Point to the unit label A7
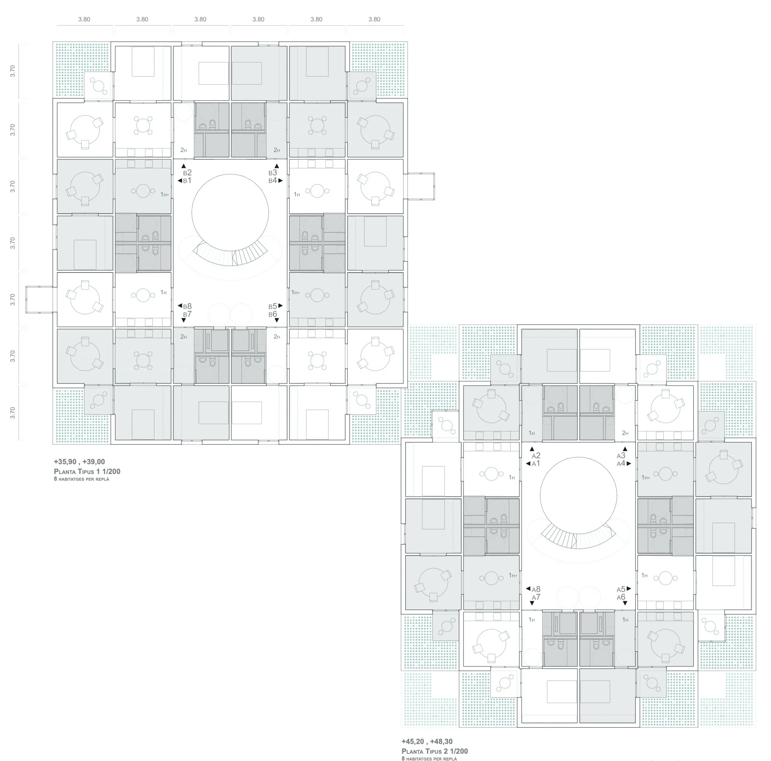pyautogui.click(x=536, y=597)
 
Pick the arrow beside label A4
pyautogui.click(x=629, y=464)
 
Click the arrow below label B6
pyautogui.click(x=276, y=320)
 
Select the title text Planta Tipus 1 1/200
pyautogui.click(x=87, y=471)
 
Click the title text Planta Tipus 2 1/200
pyautogui.click(x=435, y=751)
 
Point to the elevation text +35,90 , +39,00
pyautogui.click(x=80, y=462)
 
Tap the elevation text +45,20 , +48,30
pyautogui.click(x=427, y=741)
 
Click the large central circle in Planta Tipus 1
pyautogui.click(x=230, y=212)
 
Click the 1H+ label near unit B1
pyautogui.click(x=164, y=195)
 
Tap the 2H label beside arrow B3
pyautogui.click(x=276, y=150)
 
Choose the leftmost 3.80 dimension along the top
pyautogui.click(x=84, y=19)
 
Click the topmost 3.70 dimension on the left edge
pyautogui.click(x=13, y=71)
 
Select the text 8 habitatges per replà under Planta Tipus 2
pyautogui.click(x=429, y=759)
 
